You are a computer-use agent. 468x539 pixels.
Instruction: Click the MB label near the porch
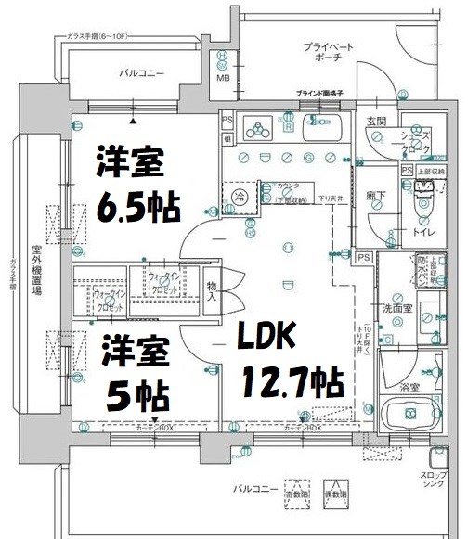(223, 77)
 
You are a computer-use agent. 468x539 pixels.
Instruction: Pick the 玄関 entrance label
(375, 121)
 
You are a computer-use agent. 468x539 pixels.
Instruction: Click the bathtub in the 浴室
(409, 416)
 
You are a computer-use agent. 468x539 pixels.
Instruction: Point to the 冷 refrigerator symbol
(240, 196)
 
